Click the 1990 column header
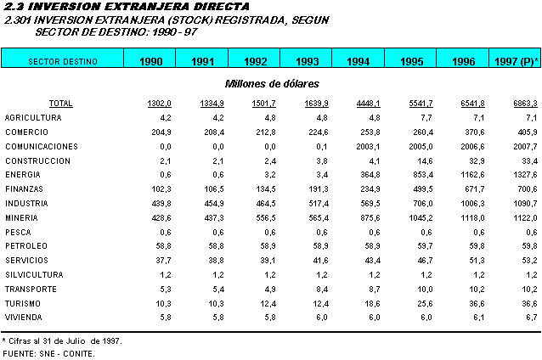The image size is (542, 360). [150, 61]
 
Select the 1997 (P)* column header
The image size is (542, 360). [514, 61]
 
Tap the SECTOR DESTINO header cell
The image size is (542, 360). [63, 61]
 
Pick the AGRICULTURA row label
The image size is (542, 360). [33, 117]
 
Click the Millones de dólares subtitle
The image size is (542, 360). [271, 83]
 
